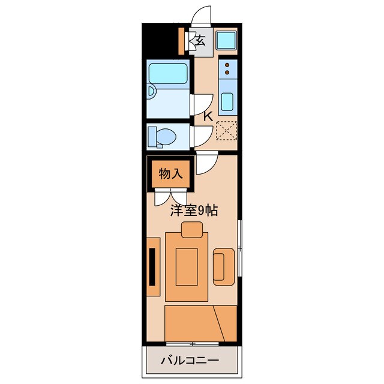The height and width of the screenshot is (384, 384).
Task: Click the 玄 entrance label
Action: [200, 41]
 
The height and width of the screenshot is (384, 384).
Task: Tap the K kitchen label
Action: [208, 116]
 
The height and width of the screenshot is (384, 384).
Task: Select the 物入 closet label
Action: [170, 173]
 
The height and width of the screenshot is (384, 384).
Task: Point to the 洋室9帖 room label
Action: [194, 211]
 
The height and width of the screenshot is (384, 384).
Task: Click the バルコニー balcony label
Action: [190, 360]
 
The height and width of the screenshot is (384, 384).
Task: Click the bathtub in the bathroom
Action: [168, 74]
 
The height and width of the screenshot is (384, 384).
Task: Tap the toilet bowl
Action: [166, 137]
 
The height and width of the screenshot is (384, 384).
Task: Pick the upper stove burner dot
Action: [227, 65]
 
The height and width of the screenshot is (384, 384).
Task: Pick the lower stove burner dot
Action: [227, 72]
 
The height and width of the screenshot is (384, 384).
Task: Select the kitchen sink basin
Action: [227, 102]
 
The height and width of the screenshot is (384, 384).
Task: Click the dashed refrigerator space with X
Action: [227, 131]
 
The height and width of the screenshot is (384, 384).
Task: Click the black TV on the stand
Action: [152, 266]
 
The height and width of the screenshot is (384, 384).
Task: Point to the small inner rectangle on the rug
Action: [187, 266]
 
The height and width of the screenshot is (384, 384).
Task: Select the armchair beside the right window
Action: [224, 266]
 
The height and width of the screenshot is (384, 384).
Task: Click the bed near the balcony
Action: [201, 323]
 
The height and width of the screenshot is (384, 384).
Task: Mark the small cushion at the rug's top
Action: [192, 229]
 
